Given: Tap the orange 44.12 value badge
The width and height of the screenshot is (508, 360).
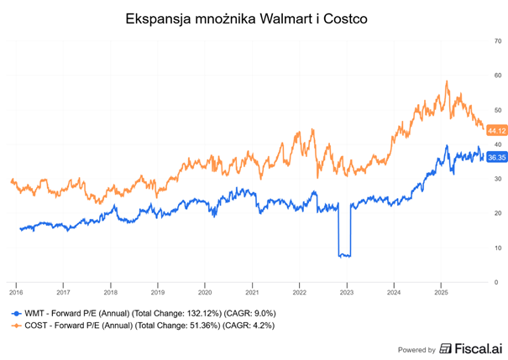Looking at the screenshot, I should (x=496, y=130).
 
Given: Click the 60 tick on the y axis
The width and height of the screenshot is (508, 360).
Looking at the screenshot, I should (x=498, y=76).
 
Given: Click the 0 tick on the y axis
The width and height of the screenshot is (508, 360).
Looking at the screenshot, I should (x=500, y=283).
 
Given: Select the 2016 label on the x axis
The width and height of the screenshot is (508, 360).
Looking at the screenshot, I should (x=16, y=293).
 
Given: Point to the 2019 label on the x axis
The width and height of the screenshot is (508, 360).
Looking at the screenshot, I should (x=158, y=293).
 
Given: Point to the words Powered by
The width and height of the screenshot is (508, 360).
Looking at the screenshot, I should (x=416, y=349).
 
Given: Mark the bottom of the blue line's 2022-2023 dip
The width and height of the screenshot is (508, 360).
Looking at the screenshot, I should (x=343, y=255).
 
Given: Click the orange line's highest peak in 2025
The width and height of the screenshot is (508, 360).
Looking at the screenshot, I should (x=447, y=82).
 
